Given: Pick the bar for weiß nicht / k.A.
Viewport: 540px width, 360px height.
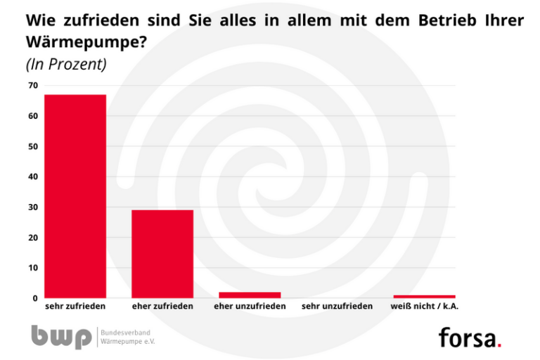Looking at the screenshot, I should point(424,296).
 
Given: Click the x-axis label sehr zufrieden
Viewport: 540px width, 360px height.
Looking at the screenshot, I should point(75,307).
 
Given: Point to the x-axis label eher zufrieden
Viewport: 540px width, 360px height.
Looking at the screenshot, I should point(162,307).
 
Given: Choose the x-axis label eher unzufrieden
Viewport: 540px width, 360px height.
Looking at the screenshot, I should point(250,307).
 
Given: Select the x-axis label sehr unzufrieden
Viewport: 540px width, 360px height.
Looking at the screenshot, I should point(337,307).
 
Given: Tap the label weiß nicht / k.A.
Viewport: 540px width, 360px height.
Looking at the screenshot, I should point(425,307).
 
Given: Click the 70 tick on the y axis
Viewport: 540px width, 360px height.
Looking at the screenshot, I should point(32,86).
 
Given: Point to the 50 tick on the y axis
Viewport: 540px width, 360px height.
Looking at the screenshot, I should point(32,146).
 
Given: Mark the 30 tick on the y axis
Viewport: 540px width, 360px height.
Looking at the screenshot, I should point(32,207).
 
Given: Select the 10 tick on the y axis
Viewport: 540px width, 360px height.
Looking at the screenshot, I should point(32,268).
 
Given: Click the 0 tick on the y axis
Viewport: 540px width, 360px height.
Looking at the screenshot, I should point(34,298).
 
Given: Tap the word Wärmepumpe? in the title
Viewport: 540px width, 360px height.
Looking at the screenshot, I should point(86,41).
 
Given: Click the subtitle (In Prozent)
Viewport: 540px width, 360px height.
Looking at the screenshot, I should point(66,64).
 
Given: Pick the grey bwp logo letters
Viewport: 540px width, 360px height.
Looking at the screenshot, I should point(60,336).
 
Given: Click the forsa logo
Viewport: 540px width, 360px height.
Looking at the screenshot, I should point(470,337).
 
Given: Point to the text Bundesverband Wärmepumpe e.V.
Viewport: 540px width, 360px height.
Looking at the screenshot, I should point(127,336).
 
